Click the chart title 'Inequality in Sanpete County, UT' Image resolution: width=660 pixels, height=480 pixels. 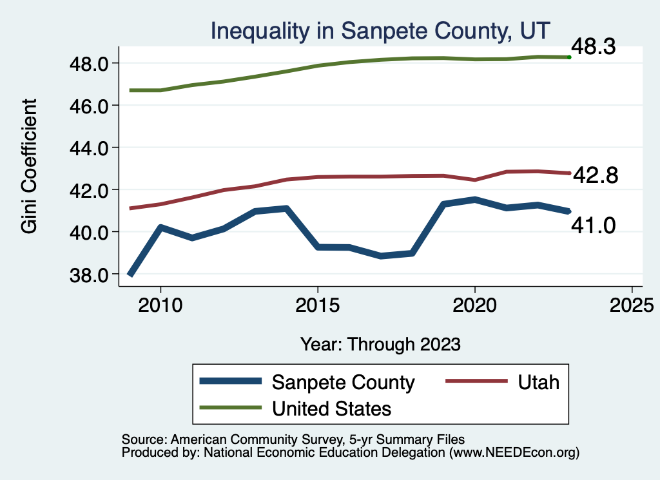[x=380, y=30]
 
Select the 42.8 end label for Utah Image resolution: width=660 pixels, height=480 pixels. [x=595, y=175]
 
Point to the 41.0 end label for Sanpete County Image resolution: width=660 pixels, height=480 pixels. [x=594, y=225]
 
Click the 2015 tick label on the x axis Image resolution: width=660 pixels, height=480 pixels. [x=317, y=304]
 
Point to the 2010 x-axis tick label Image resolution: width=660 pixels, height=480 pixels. [x=160, y=304]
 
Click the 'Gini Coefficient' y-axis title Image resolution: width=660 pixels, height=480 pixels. [x=30, y=166]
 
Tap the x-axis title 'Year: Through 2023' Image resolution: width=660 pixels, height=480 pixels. [x=380, y=344]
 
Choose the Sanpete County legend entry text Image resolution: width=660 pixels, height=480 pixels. [x=343, y=382]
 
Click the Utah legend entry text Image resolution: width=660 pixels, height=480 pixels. [x=538, y=382]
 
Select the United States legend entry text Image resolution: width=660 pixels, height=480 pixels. [x=331, y=408]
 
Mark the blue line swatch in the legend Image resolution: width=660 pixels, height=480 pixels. [x=231, y=381]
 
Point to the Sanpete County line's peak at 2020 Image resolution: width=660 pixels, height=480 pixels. [x=474, y=200]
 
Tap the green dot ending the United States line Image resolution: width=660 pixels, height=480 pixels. [x=569, y=57]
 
